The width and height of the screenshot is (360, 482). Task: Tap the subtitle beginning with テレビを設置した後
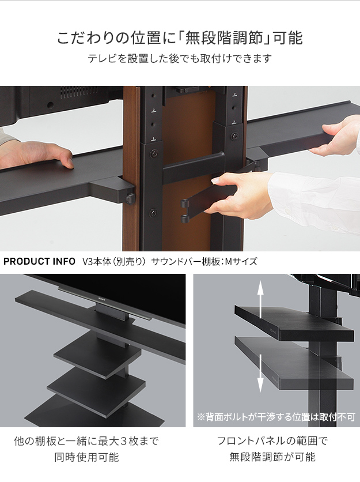179,59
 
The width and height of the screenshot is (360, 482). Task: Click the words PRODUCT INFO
40,262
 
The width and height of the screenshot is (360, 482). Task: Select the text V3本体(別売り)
114,262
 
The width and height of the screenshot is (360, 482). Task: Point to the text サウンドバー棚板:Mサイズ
204,262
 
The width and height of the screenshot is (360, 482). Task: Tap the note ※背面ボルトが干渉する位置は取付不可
276,416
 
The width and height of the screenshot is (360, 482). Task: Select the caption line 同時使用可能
86,458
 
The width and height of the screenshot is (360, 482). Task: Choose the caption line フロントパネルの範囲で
272,442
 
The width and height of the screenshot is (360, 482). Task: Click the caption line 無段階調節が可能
272,458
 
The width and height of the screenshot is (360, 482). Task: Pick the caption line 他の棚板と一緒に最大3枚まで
86,442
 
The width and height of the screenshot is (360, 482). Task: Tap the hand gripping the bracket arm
242,193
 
